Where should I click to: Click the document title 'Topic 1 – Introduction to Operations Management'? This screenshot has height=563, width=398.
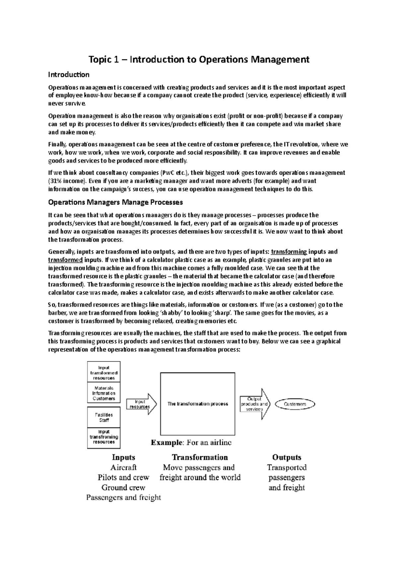pyautogui.click(x=199, y=60)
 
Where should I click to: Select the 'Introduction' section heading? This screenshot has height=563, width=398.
pyautogui.click(x=69, y=75)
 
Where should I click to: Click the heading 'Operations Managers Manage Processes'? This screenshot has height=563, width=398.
pyautogui.click(x=115, y=202)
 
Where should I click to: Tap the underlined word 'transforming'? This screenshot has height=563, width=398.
pyautogui.click(x=289, y=252)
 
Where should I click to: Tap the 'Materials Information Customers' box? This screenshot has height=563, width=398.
pyautogui.click(x=104, y=393)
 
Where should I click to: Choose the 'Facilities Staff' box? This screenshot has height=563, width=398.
pyautogui.click(x=104, y=417)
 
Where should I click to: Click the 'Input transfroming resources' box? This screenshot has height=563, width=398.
pyautogui.click(x=104, y=437)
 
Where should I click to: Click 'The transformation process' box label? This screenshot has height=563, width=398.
pyautogui.click(x=198, y=404)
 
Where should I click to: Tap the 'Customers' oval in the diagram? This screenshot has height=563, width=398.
pyautogui.click(x=295, y=404)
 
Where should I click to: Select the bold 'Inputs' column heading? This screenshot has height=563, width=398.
pyautogui.click(x=123, y=458)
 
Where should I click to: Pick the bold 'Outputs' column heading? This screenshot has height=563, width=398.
pyautogui.click(x=287, y=458)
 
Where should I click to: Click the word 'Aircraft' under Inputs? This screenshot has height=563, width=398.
pyautogui.click(x=123, y=468)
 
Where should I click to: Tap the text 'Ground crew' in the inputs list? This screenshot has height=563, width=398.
pyautogui.click(x=123, y=487)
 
